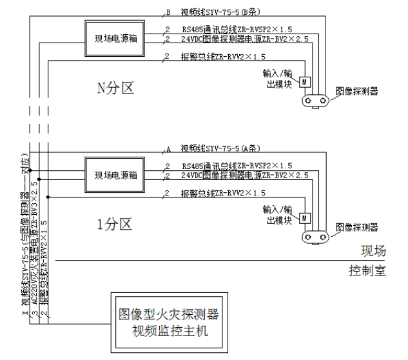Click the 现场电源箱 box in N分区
[116, 39]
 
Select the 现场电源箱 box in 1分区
[116, 175]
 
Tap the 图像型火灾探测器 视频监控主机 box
[170, 323]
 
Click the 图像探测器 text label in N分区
[357, 92]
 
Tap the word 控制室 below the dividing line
[367, 270]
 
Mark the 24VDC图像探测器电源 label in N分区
[245, 39]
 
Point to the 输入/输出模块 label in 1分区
[278, 215]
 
